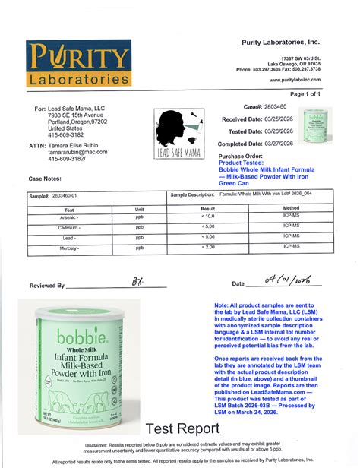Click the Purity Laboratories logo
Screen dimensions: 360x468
coord(80,65)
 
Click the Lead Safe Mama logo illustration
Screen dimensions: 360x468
coord(178,133)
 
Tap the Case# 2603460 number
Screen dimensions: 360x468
coord(275,107)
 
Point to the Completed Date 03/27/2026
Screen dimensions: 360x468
coord(279,143)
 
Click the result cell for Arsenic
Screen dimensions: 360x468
coord(207,217)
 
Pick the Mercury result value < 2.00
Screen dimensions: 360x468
coord(207,247)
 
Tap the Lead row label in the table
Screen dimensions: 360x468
coord(69,237)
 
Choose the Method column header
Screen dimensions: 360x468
coord(292,207)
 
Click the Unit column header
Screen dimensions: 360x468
coord(139,207)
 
